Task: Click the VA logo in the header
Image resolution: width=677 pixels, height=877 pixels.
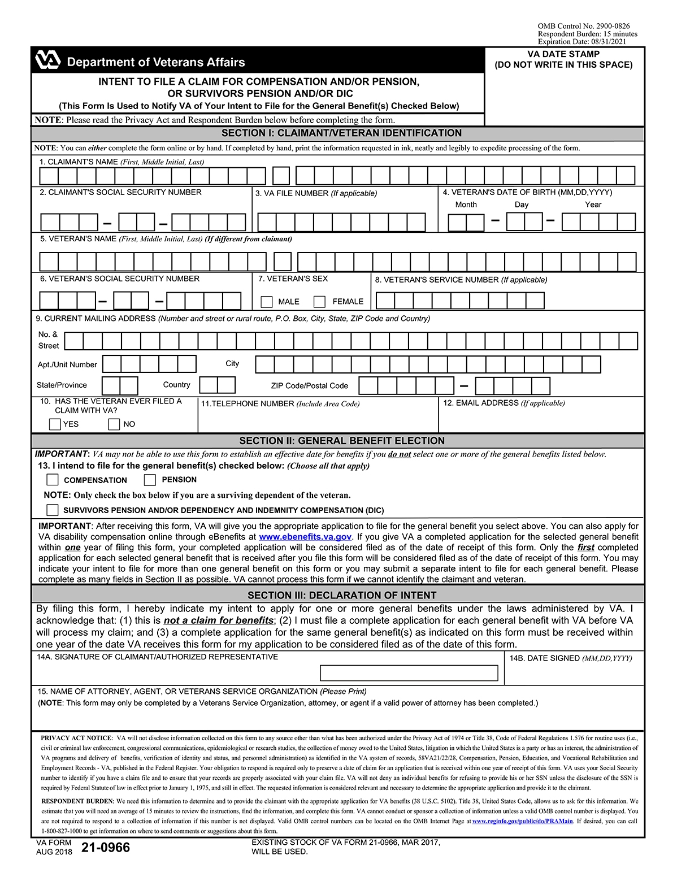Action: click(47, 60)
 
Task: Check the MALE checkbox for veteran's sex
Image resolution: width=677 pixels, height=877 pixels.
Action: click(267, 302)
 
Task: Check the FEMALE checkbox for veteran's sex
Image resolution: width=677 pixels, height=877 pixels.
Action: click(319, 302)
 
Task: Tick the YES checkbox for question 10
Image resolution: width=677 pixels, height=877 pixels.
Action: click(55, 424)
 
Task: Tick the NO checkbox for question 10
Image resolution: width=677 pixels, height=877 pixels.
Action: click(114, 424)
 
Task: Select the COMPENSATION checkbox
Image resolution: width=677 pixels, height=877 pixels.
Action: click(53, 480)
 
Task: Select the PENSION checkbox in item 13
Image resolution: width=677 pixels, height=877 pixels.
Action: click(150, 480)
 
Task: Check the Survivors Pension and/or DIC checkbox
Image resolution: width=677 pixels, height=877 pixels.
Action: click(53, 510)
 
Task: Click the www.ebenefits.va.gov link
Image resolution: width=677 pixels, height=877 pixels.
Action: click(305, 537)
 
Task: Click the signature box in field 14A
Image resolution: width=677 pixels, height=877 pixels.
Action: click(409, 673)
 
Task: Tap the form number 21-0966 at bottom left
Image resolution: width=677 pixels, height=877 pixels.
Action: click(105, 848)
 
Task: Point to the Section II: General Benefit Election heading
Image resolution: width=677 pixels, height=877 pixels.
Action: click(341, 441)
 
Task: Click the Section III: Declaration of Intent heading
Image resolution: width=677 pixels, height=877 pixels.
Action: click(341, 596)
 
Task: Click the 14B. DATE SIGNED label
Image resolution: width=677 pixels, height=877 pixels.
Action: click(570, 658)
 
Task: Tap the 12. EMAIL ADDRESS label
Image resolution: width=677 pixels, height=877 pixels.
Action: click(504, 403)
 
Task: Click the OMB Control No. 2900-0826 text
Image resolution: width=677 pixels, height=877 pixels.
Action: click(583, 26)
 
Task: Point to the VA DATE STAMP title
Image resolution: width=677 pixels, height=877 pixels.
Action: click(563, 54)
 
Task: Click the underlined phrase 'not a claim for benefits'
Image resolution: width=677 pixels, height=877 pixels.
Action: click(219, 620)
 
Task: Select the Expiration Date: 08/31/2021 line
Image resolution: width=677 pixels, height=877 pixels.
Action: click(581, 42)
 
